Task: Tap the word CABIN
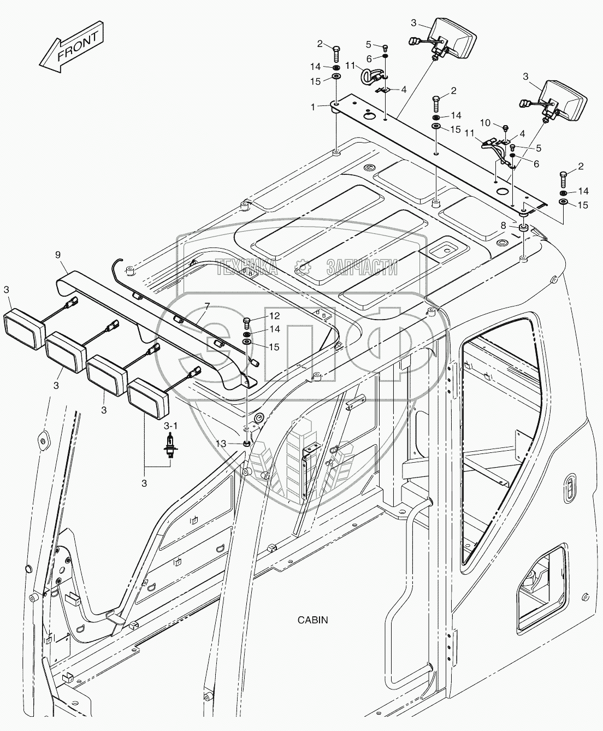pos(312,620)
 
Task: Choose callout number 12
pos(274,316)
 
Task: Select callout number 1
pos(313,107)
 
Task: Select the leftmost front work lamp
pos(24,327)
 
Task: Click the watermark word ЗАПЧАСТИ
pos(362,267)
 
